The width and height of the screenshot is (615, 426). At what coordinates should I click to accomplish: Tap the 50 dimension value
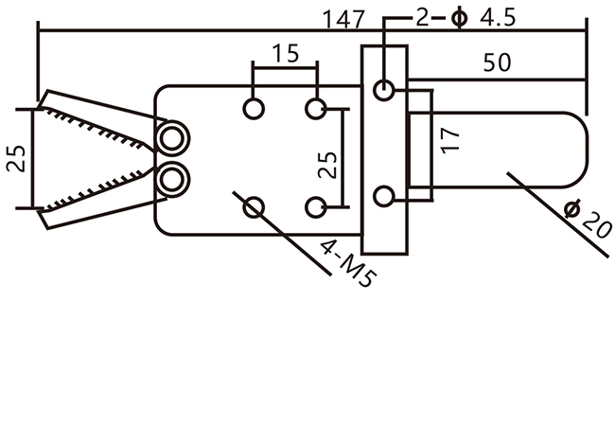point(497,63)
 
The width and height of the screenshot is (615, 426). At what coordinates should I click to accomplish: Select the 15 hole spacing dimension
point(286,53)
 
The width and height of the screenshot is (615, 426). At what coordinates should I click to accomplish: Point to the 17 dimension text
point(451,139)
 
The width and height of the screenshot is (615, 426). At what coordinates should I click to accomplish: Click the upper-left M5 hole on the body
point(254,108)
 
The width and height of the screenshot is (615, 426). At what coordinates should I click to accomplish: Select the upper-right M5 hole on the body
point(316,108)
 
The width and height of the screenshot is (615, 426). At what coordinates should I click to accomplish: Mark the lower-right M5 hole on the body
point(316,206)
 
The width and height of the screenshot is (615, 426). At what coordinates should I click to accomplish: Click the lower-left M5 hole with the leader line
point(254,206)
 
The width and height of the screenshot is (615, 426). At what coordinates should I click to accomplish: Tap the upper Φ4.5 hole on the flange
point(383,91)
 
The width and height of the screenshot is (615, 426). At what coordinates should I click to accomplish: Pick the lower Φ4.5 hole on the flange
point(383,197)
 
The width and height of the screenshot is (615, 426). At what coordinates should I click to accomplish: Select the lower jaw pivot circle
point(171,177)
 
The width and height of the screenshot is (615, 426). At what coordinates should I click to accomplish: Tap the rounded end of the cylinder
point(572,150)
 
